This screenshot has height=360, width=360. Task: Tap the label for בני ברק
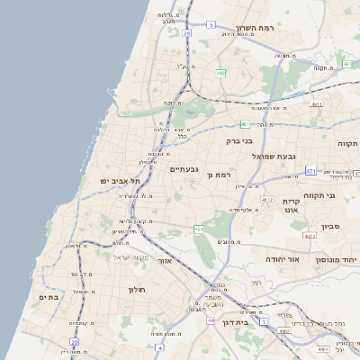[239, 140]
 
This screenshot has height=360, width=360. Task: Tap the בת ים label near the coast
[49, 296]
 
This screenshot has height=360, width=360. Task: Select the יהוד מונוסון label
[337, 258]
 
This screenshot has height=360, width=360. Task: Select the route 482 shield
[220, 74]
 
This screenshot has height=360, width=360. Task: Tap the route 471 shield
[310, 170]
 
